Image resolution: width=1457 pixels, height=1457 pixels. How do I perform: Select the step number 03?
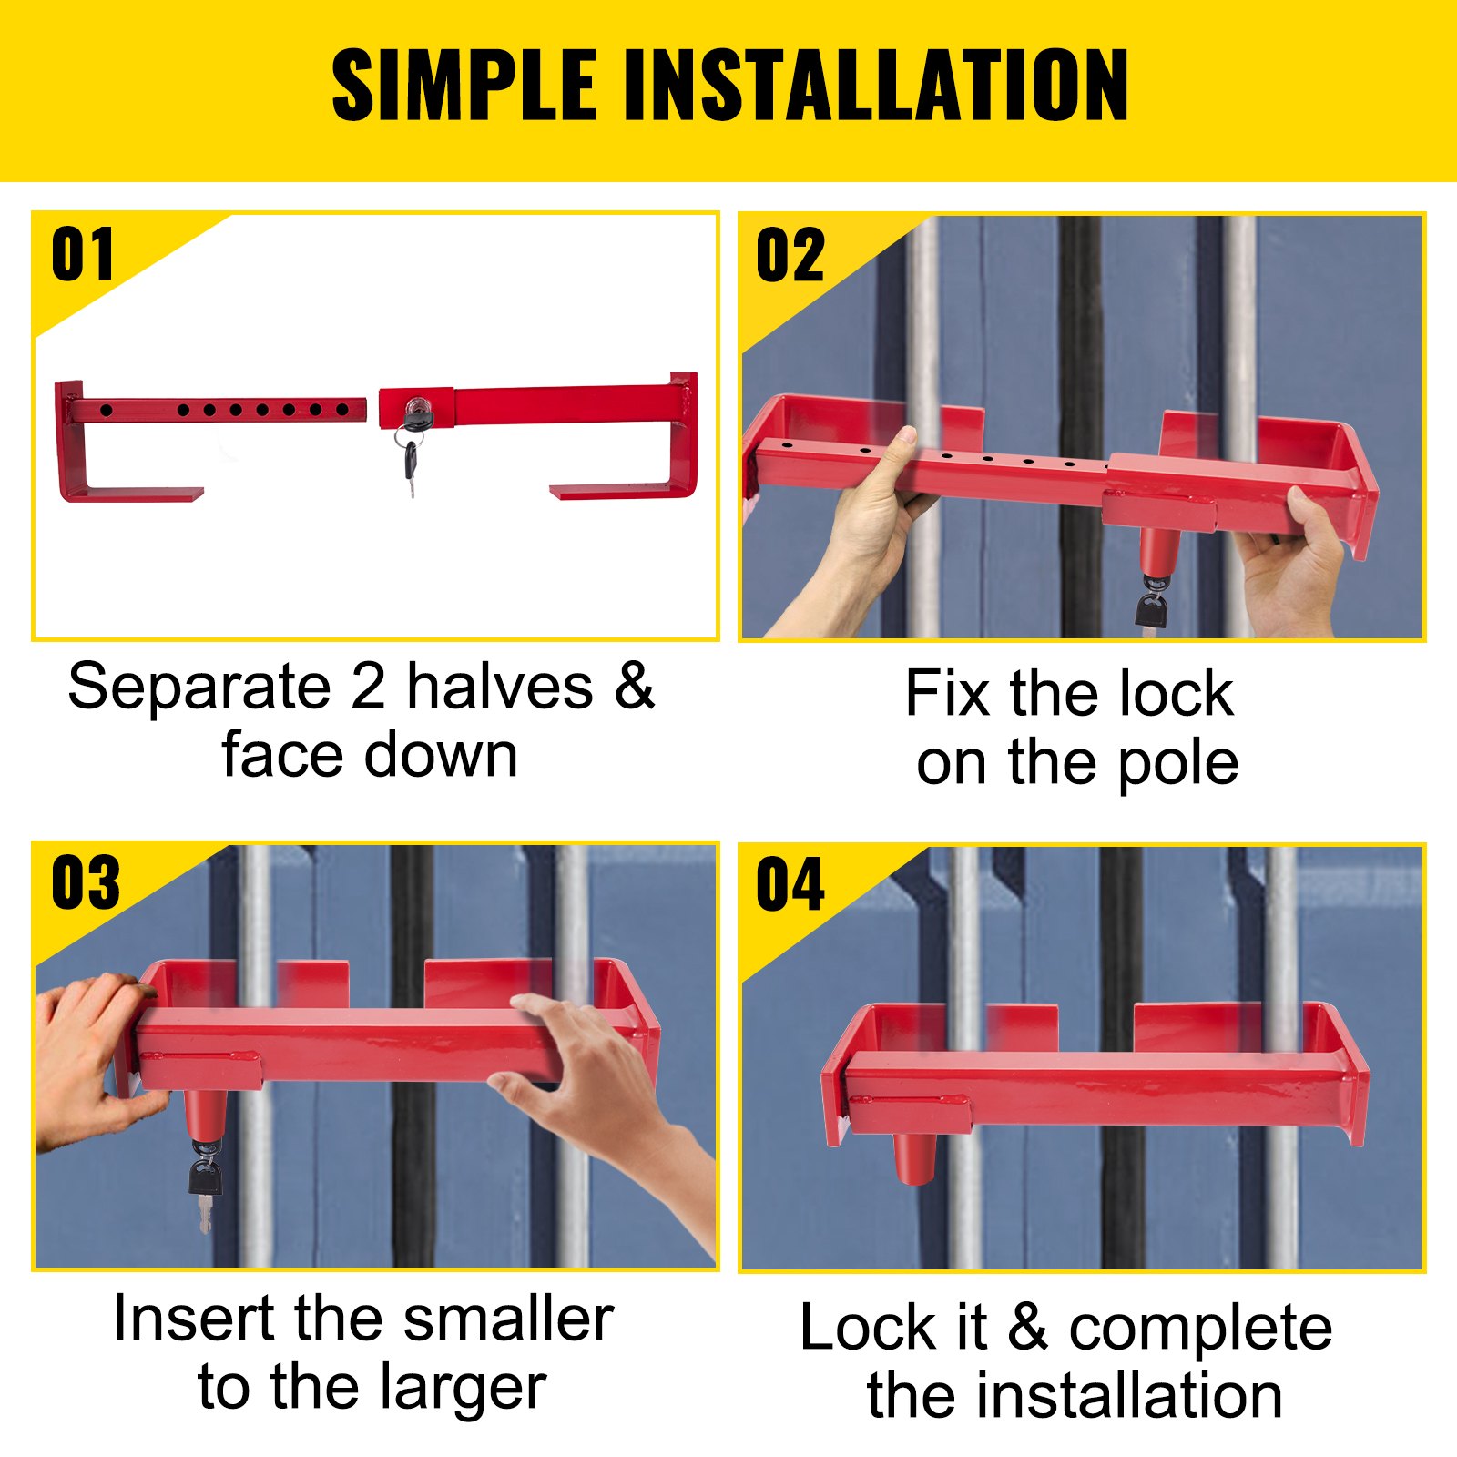[x=85, y=883]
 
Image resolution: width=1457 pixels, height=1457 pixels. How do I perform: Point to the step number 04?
[x=790, y=884]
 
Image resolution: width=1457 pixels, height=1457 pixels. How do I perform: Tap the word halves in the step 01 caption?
[x=500, y=687]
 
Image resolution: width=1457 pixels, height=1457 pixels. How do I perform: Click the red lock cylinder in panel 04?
[x=916, y=1156]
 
